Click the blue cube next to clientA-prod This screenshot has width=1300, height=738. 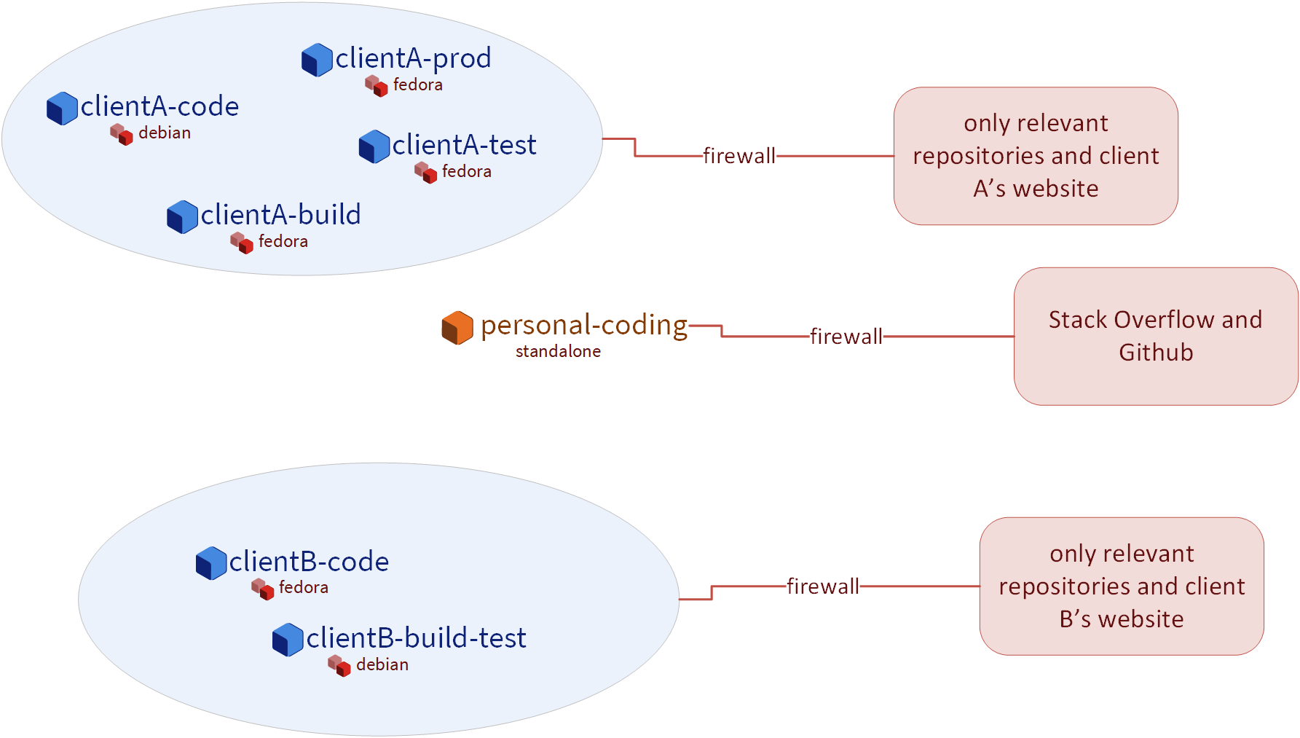(x=317, y=60)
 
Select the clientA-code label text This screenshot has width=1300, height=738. (x=159, y=106)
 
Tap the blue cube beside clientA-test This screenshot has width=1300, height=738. (x=374, y=146)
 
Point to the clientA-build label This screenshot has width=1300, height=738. (x=280, y=215)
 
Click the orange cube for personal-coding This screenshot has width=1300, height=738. (x=457, y=328)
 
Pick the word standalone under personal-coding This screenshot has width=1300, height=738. (x=558, y=351)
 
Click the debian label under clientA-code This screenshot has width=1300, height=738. (x=165, y=133)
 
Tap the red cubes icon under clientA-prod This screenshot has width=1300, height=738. (x=377, y=85)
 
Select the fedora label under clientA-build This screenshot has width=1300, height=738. (x=283, y=241)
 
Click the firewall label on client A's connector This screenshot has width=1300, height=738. (x=738, y=156)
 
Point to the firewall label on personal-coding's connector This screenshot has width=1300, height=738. (x=846, y=337)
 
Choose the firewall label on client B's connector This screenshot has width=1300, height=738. (x=822, y=586)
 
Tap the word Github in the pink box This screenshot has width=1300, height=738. (x=1156, y=353)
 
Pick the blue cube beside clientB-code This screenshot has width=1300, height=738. (x=211, y=563)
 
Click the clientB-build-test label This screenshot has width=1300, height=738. (x=416, y=638)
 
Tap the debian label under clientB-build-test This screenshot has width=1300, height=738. (x=382, y=664)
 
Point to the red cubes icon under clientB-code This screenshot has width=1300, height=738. (x=262, y=589)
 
